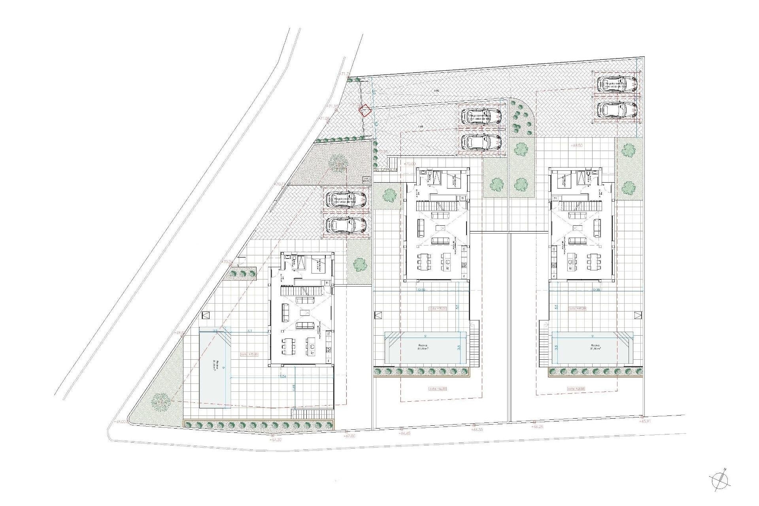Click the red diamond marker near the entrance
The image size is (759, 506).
(365, 111)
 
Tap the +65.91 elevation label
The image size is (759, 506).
(645, 432)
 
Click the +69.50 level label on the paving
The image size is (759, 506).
(577, 146)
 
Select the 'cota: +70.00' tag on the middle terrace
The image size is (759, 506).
(438, 309)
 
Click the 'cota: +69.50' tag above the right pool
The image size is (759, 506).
(577, 309)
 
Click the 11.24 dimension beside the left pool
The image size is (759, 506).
(282, 376)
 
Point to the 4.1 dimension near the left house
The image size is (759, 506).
(250, 331)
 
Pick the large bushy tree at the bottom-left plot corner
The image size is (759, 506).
(161, 402)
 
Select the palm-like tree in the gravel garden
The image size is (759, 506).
(337, 162)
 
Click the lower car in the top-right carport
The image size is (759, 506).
(617, 110)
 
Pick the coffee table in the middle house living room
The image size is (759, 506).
(440, 228)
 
